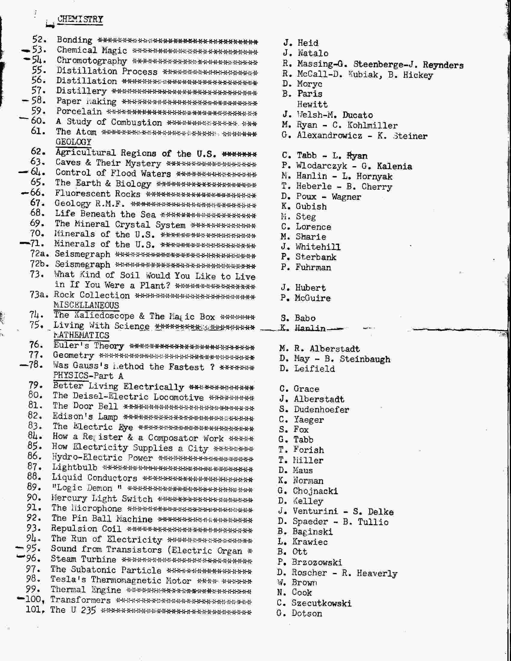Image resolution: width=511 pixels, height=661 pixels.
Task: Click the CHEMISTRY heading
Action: tap(80, 19)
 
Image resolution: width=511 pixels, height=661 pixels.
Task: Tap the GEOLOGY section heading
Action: tap(73, 142)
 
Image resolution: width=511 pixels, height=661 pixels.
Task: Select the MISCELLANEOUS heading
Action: tap(86, 305)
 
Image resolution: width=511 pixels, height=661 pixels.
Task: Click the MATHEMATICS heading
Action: tap(81, 335)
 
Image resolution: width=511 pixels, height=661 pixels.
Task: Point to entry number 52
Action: tap(39, 40)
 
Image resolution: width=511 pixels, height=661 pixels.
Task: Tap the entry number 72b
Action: tap(39, 264)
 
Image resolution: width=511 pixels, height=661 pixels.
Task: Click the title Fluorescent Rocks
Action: tap(97, 194)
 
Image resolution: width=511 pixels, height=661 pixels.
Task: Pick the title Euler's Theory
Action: tap(89, 346)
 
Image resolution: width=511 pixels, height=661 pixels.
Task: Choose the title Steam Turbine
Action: tap(83, 559)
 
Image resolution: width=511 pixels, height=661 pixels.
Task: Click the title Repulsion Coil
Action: tap(86, 528)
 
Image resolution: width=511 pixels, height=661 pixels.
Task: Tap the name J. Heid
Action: tap(301, 43)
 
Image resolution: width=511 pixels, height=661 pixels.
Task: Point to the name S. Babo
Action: tap(298, 318)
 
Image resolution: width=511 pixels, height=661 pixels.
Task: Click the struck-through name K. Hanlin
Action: tap(303, 328)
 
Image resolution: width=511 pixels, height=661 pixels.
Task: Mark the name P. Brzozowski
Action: tap(309, 562)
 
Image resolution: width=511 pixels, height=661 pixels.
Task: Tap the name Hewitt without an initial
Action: tap(312, 105)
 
